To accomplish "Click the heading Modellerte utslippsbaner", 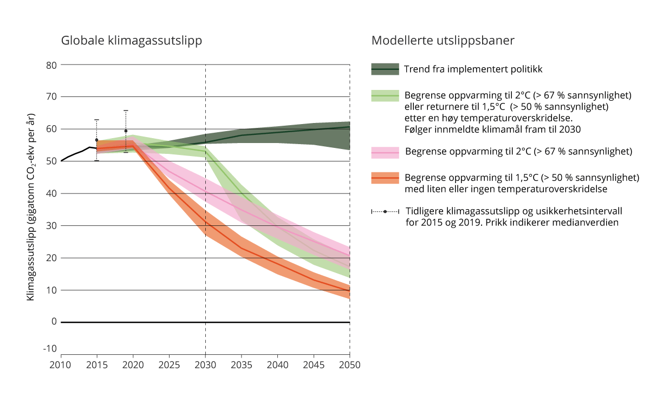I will pos(443,41).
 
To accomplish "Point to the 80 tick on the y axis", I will pos(51,65).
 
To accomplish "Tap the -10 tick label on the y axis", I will pos(50,348).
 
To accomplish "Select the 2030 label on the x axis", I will pos(205,365).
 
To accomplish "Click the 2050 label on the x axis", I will pos(350,365).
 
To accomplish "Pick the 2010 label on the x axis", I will pos(61,365).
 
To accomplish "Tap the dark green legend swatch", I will pos(385,69).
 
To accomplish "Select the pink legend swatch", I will pos(385,152).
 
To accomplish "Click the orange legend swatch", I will pos(385,178).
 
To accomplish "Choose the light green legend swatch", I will pos(385,95).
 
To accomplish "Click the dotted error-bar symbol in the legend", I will pos(385,211).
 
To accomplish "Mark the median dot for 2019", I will pos(126,131).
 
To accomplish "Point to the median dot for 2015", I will pos(96,140).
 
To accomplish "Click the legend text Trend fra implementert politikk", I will pos(473,69).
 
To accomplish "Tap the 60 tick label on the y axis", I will pos(51,129).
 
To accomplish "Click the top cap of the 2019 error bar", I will pos(126,111).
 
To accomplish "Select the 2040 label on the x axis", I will pos(277,365).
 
